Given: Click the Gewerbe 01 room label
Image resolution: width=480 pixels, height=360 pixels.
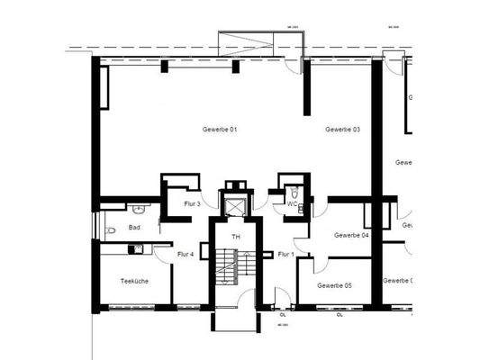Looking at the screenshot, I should (219, 130).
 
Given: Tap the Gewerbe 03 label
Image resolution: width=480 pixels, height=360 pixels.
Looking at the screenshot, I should (343, 130).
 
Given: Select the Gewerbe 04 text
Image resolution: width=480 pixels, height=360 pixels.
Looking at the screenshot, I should (351, 236).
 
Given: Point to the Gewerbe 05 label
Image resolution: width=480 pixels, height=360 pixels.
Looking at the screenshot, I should (334, 285).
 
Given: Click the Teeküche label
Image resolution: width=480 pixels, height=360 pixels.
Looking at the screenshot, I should (134, 282).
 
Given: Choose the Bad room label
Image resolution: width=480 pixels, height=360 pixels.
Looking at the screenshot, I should (134, 228).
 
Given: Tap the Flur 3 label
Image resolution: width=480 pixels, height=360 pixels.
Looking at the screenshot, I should (192, 204).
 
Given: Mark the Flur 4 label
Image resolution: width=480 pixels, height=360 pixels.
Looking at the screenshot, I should (186, 255).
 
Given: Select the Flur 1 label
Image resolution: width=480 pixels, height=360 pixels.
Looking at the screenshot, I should (285, 255).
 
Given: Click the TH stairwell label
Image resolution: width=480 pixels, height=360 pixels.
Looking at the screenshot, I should (236, 237).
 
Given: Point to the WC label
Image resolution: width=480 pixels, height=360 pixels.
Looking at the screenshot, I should (292, 204).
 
